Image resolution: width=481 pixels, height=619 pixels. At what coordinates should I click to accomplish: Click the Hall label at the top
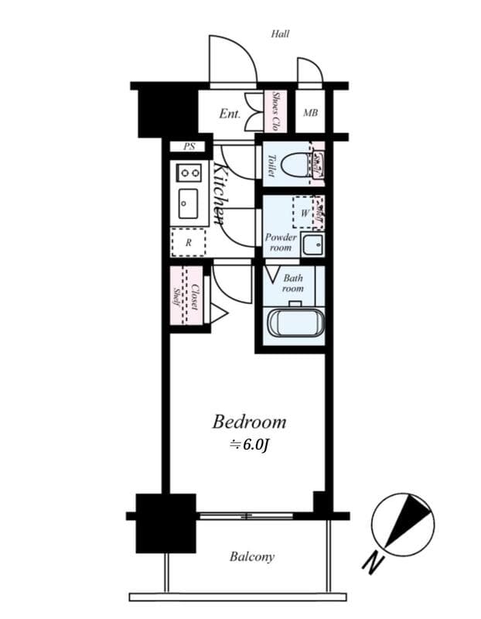pos(280,34)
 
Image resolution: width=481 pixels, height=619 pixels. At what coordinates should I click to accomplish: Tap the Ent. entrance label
pos(230,114)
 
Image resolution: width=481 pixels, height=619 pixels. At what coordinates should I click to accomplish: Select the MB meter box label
pos(310,114)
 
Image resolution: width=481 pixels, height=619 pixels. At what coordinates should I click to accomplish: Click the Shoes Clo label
pos(275,113)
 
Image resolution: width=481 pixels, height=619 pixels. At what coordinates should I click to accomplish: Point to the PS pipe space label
pos(189,146)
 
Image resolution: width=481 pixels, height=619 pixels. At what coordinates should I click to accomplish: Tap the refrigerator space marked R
pos(188,242)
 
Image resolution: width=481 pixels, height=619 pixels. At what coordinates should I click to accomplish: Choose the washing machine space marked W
pos(304,212)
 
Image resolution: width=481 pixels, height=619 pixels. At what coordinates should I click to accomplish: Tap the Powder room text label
pos(281,242)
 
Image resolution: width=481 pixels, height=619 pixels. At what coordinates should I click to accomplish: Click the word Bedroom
pos(249,422)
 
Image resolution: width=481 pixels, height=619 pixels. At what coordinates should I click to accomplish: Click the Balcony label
pos(251,556)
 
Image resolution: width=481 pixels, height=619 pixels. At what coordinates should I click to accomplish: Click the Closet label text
pos(196,298)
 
